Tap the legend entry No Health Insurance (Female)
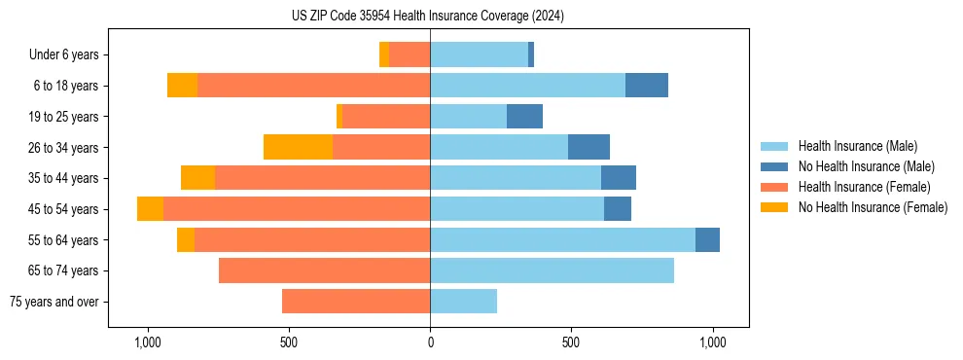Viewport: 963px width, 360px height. (x=873, y=207)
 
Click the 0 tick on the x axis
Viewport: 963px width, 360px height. (x=430, y=342)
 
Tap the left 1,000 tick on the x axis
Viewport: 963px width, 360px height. (x=148, y=342)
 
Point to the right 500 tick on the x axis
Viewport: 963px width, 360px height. (x=571, y=342)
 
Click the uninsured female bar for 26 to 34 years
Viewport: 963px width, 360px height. (x=298, y=147)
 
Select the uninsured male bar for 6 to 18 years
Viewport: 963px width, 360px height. (x=647, y=86)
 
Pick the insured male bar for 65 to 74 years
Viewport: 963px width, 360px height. (x=552, y=270)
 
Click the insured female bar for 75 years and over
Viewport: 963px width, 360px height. (x=356, y=302)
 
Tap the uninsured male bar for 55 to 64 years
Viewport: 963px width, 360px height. (x=707, y=240)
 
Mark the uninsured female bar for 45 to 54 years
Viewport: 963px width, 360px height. (x=150, y=209)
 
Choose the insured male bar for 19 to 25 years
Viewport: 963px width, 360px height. (x=468, y=117)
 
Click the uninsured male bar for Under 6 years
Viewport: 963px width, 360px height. (x=531, y=54)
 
